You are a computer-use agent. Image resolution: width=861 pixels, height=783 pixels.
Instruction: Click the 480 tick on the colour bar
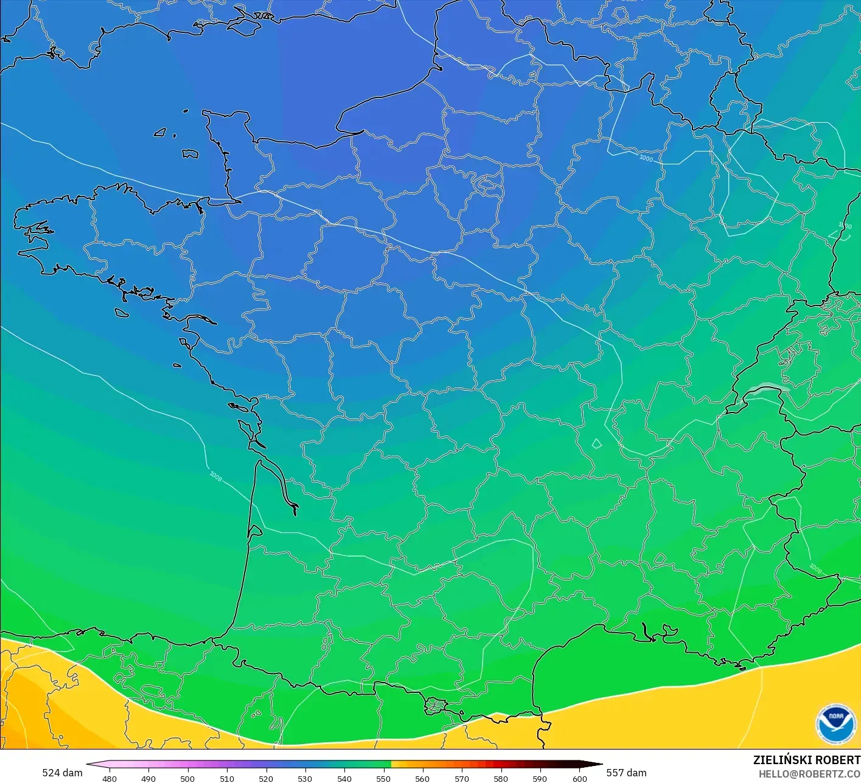point(110,778)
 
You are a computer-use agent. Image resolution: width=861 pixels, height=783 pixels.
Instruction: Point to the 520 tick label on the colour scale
point(266,778)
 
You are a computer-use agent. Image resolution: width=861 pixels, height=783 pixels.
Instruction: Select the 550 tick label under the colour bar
point(383,778)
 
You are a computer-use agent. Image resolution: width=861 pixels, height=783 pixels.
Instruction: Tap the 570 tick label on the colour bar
point(462,778)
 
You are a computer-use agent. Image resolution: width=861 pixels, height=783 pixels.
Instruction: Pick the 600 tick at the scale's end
point(579,778)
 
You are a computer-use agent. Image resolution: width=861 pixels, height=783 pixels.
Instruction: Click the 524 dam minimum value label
point(62,773)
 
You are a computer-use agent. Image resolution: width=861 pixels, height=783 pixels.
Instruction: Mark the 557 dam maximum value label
point(626,773)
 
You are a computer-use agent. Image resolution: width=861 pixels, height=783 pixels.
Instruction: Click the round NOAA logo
point(835,724)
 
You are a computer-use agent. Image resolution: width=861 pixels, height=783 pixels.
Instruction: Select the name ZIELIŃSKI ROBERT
point(806,760)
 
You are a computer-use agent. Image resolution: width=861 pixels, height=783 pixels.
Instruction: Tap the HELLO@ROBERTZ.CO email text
point(809,774)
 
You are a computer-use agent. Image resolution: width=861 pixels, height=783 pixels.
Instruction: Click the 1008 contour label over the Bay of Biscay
point(215,476)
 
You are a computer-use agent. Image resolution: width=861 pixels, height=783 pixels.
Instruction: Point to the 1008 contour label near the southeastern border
point(815,569)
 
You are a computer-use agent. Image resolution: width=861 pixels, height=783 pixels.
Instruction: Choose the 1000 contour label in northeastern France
point(646,158)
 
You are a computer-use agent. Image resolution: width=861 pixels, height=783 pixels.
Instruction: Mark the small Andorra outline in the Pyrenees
point(436,706)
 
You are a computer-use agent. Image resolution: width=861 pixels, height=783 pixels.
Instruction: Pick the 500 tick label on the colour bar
point(187,778)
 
